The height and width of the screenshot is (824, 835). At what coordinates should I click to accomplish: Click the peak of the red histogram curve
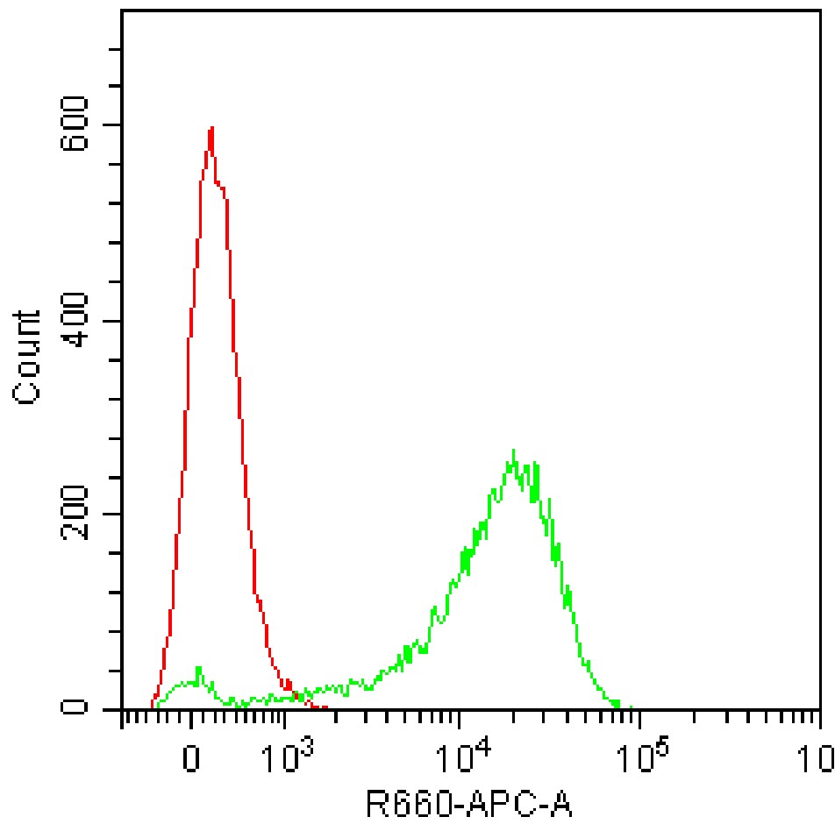(211, 128)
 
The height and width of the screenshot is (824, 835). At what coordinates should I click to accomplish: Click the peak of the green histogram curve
(513, 451)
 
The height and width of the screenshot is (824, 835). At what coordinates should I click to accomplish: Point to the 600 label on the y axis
(78, 124)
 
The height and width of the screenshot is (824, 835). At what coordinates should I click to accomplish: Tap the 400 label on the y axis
(78, 321)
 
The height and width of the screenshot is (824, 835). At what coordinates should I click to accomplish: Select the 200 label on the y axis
(78, 515)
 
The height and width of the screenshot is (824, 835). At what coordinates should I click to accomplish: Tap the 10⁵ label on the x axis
(639, 755)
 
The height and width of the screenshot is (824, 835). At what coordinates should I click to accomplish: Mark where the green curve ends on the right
(630, 707)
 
